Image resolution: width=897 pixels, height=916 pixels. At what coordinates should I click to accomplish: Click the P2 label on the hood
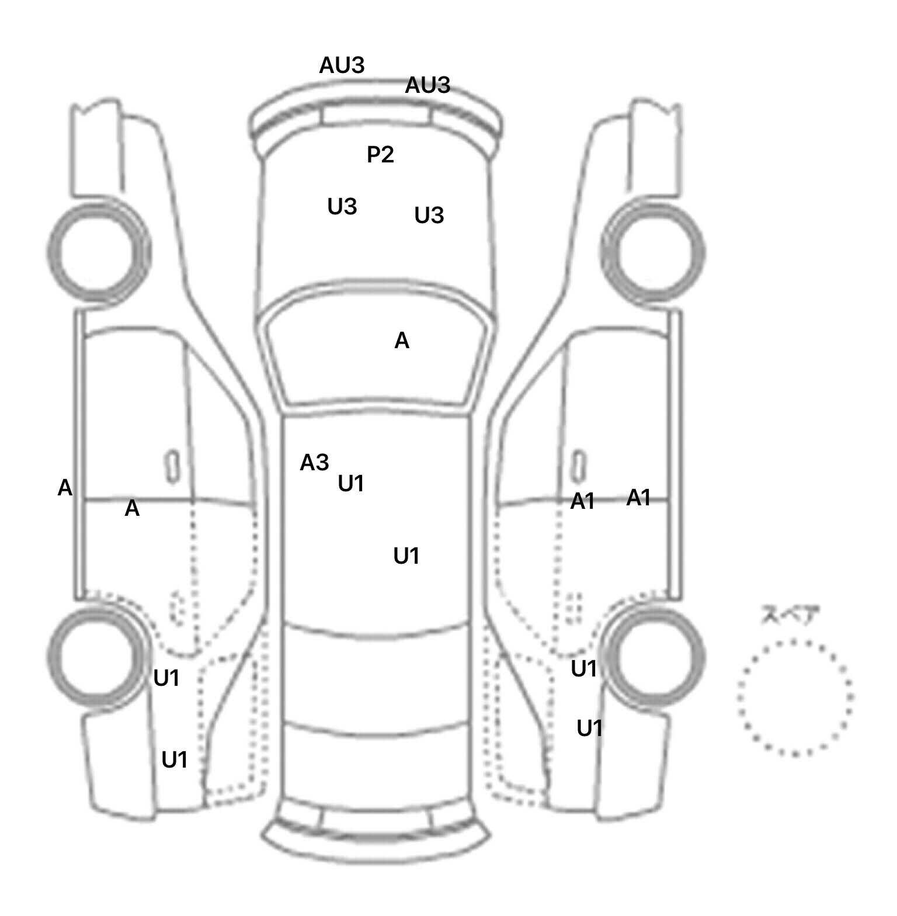tap(380, 155)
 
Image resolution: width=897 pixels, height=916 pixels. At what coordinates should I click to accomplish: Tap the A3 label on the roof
tap(314, 463)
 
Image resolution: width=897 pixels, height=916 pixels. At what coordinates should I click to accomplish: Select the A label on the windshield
tap(402, 341)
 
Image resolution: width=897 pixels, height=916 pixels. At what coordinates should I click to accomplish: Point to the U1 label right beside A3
tap(351, 484)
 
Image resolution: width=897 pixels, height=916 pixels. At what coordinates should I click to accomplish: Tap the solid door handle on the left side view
tap(172, 466)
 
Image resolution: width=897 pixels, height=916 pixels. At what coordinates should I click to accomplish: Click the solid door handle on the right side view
tap(578, 466)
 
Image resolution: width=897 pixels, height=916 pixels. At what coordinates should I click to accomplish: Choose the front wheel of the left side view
tap(98, 252)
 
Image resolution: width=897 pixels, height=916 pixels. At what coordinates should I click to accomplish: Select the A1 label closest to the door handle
tap(582, 501)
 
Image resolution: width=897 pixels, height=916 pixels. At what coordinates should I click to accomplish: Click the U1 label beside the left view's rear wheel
tap(166, 678)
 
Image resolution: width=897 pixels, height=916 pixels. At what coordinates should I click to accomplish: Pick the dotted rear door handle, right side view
tap(576, 608)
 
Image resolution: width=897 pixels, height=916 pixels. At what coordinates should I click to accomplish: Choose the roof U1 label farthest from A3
tap(406, 556)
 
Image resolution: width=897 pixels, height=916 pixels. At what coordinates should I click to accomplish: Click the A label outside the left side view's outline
tap(65, 488)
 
